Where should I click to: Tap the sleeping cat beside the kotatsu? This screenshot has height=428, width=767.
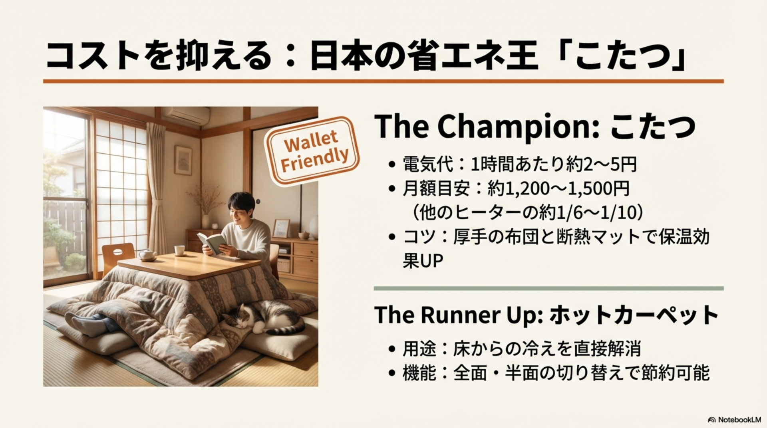click(262, 317)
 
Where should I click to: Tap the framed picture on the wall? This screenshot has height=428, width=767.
click(183, 160)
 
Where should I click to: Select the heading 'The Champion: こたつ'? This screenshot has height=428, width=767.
click(535, 126)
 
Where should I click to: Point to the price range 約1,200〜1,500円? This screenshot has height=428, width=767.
click(558, 188)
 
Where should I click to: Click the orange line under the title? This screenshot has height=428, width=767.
click(383, 81)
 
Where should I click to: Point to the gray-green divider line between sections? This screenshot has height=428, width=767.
click(548, 288)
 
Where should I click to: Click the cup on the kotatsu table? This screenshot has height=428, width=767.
click(179, 250)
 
